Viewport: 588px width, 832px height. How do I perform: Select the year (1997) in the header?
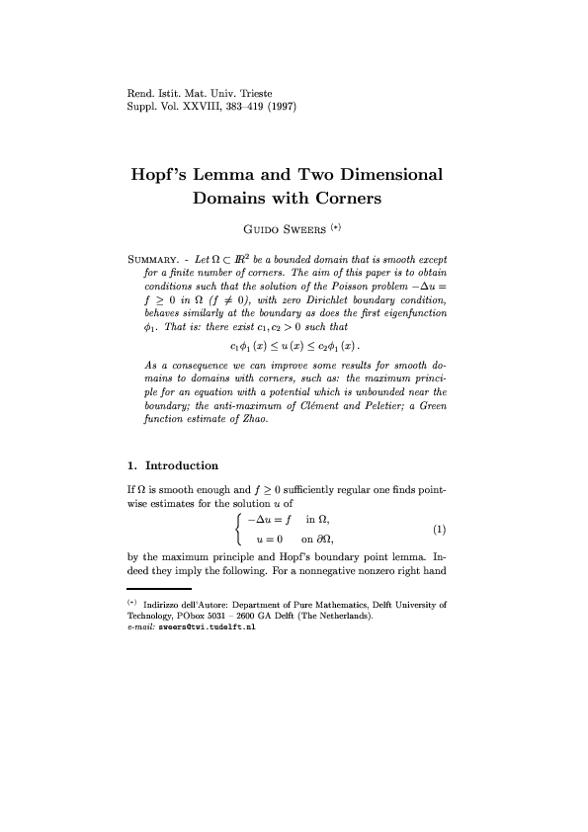(280, 105)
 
